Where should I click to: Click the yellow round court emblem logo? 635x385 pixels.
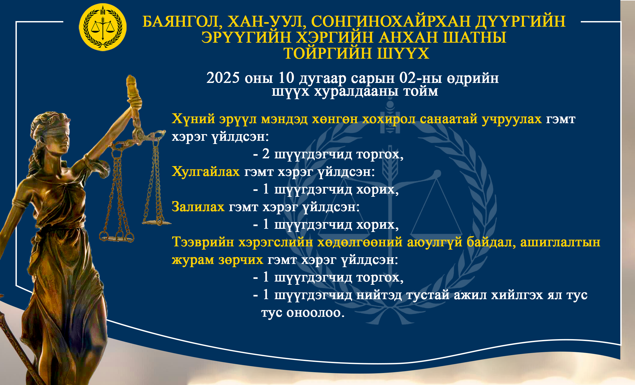tap(103, 27)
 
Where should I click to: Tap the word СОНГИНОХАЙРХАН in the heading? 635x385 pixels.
tap(391, 21)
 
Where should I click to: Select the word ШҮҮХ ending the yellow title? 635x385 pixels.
tap(403, 53)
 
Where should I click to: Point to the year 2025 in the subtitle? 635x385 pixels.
tap(223, 78)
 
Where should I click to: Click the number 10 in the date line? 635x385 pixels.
tap(286, 78)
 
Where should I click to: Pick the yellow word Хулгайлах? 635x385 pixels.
tap(206, 171)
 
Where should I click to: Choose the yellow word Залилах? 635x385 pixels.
tap(198, 207)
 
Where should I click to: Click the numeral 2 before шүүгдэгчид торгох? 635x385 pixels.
tap(266, 154)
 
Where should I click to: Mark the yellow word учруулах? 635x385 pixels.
tap(512, 119)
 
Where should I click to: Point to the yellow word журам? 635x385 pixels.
tap(193, 260)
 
